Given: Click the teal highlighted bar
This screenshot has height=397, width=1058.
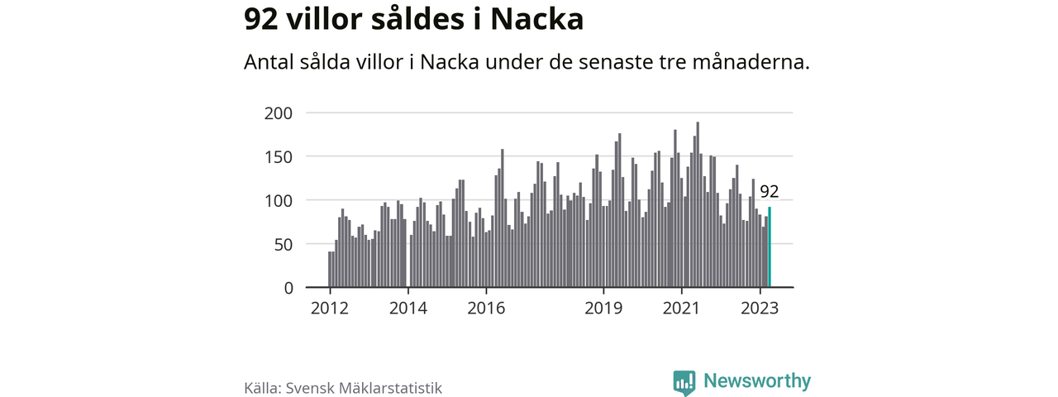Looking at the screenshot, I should coord(770,247).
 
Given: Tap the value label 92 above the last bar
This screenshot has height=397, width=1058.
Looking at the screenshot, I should coord(769,192).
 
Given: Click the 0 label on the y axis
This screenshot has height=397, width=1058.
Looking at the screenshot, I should coord(288,288).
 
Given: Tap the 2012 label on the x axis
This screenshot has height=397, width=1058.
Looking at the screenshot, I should coord(330,309).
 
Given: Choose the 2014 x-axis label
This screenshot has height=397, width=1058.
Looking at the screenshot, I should coord(408,309).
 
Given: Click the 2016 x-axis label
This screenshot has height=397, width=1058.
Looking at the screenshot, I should coord(486,309).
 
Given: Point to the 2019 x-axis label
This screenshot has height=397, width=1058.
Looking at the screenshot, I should coord(603,309).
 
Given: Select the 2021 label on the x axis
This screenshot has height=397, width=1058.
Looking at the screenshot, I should coord(682,309).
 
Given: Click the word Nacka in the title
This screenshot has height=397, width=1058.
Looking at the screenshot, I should coord(537,20).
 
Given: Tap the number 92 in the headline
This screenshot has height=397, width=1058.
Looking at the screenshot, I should coord(261,20).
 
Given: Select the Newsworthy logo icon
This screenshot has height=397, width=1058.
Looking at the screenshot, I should coord(684,382).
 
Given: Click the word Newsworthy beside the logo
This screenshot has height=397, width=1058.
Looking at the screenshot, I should coord(757,381).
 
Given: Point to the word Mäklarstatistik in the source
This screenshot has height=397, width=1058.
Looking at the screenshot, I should coord(389,388).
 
